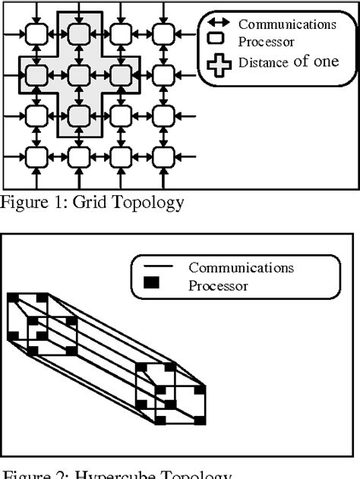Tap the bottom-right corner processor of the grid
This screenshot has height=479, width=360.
click(x=163, y=156)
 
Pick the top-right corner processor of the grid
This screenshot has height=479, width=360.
click(x=163, y=33)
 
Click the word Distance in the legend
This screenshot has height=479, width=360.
click(x=261, y=63)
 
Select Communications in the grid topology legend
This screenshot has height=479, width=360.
click(x=286, y=24)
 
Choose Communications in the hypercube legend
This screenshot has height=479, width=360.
click(x=241, y=267)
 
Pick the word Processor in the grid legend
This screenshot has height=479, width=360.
click(x=266, y=43)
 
